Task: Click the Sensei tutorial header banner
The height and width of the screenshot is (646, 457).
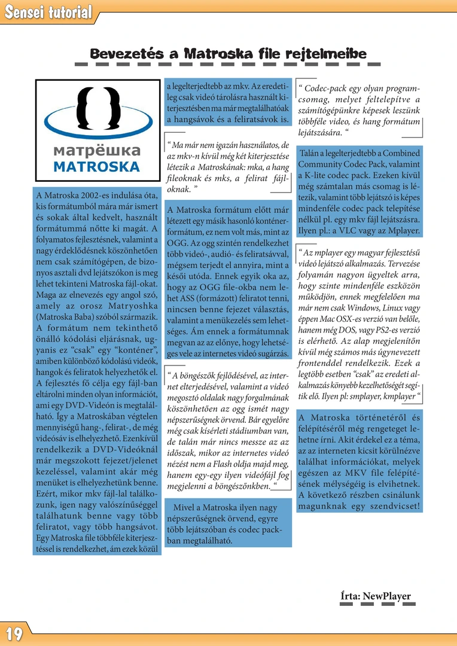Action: pos(48,12)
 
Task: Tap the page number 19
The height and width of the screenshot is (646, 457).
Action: pos(14,633)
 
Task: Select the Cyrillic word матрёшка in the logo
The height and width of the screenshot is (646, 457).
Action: pos(96,150)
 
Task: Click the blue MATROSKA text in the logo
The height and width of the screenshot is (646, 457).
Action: pos(96,166)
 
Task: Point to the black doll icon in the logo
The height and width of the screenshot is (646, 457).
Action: pos(97,114)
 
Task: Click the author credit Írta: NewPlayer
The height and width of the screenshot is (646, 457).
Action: pos(376,596)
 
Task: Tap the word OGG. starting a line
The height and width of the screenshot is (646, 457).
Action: pos(176,243)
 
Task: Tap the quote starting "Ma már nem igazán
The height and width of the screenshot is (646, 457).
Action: pos(228,167)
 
